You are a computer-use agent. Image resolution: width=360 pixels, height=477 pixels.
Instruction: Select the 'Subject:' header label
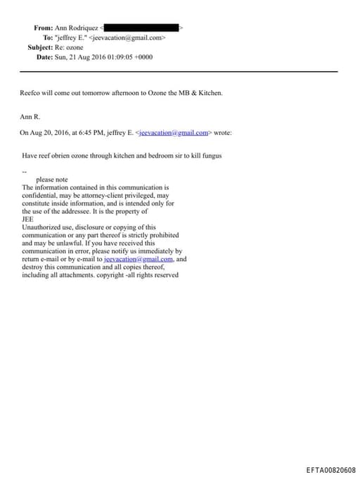(40, 46)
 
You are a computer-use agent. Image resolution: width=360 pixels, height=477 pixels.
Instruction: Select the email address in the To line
(129, 37)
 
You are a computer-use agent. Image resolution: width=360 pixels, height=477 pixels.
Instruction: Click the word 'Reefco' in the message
(32, 92)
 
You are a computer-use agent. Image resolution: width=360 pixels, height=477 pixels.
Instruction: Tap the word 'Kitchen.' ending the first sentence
(210, 92)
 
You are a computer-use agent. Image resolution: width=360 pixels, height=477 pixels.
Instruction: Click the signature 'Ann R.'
(31, 116)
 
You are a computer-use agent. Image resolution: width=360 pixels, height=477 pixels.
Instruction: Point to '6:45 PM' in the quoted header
(92, 132)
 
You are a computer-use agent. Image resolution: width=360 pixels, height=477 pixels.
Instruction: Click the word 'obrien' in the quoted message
(71, 155)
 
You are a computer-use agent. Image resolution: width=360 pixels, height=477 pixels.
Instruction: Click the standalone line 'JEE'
(28, 219)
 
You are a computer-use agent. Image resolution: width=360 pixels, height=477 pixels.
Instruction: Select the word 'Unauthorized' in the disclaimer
(43, 227)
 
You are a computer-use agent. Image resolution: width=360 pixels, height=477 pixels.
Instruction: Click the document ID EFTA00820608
(330, 470)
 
